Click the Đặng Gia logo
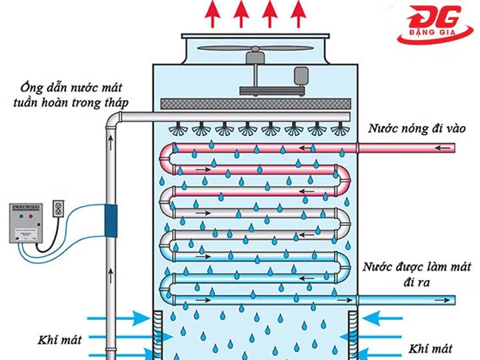coord(436,26)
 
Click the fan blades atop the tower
coord(256,49)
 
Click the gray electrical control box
coord(28,221)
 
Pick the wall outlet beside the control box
coord(57,211)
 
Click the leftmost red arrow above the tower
coord(213,13)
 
